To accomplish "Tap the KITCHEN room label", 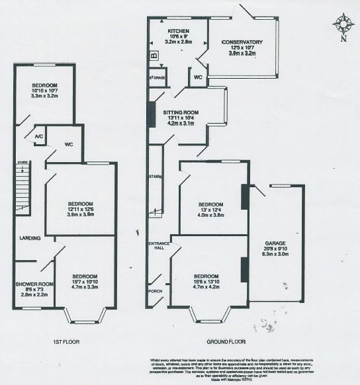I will click(x=179, y=30).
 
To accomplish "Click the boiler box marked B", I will click(x=154, y=57).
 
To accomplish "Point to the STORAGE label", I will click(x=157, y=77).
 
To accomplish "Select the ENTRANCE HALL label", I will click(x=159, y=246).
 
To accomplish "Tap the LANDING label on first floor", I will click(x=30, y=238).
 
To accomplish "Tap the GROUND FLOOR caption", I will click(x=226, y=342).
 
